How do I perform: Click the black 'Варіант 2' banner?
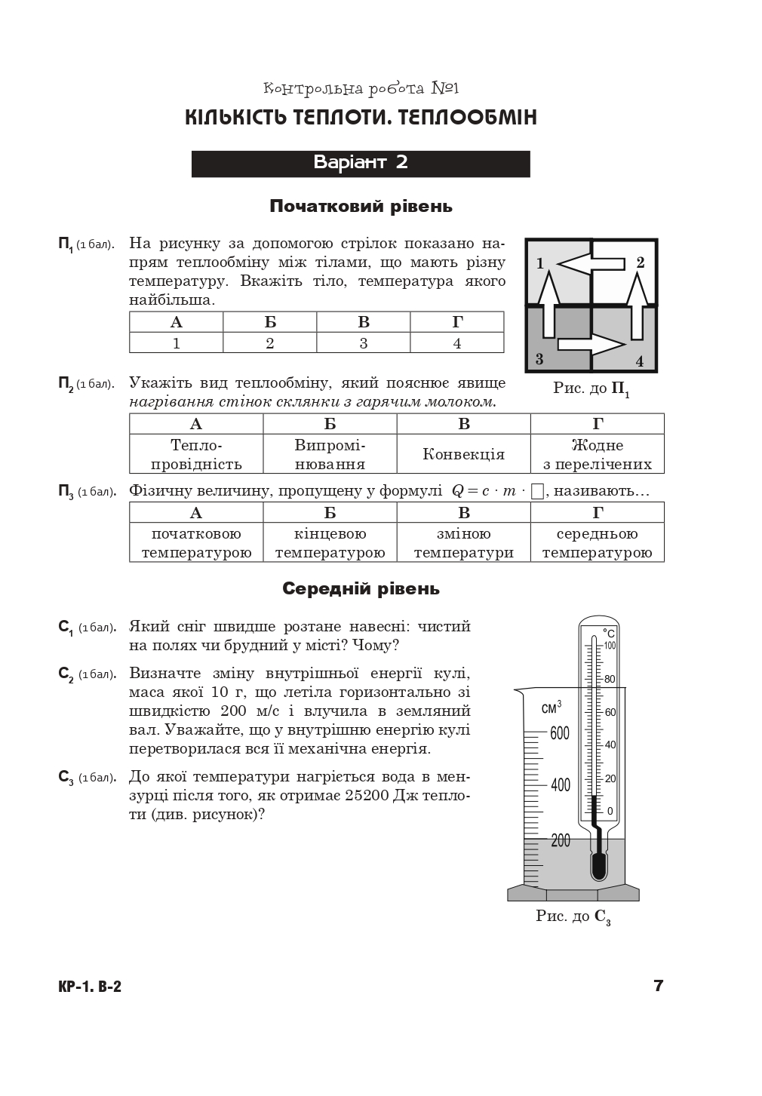pos(361,163)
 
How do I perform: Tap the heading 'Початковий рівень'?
pos(361,206)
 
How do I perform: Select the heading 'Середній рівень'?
pos(361,588)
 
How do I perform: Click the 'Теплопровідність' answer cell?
pos(196,454)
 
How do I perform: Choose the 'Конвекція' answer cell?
pos(463,454)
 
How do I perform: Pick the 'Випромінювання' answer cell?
pos(330,454)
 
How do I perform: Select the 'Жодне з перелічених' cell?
pos(597,454)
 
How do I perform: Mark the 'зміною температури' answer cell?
pos(463,543)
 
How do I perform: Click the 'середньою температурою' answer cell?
pos(597,543)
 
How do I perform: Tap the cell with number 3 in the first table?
pos(363,343)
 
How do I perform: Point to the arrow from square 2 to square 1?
pos(591,262)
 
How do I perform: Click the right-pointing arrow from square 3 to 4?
pos(591,345)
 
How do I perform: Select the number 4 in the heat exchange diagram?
pos(640,361)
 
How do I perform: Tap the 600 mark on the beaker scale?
pos(559,732)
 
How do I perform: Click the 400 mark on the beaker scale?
pos(560,785)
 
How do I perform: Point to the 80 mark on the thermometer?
pos(609,679)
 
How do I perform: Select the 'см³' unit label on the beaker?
pos(552,708)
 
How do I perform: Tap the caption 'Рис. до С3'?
pos(573,917)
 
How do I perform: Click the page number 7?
pos(658,985)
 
